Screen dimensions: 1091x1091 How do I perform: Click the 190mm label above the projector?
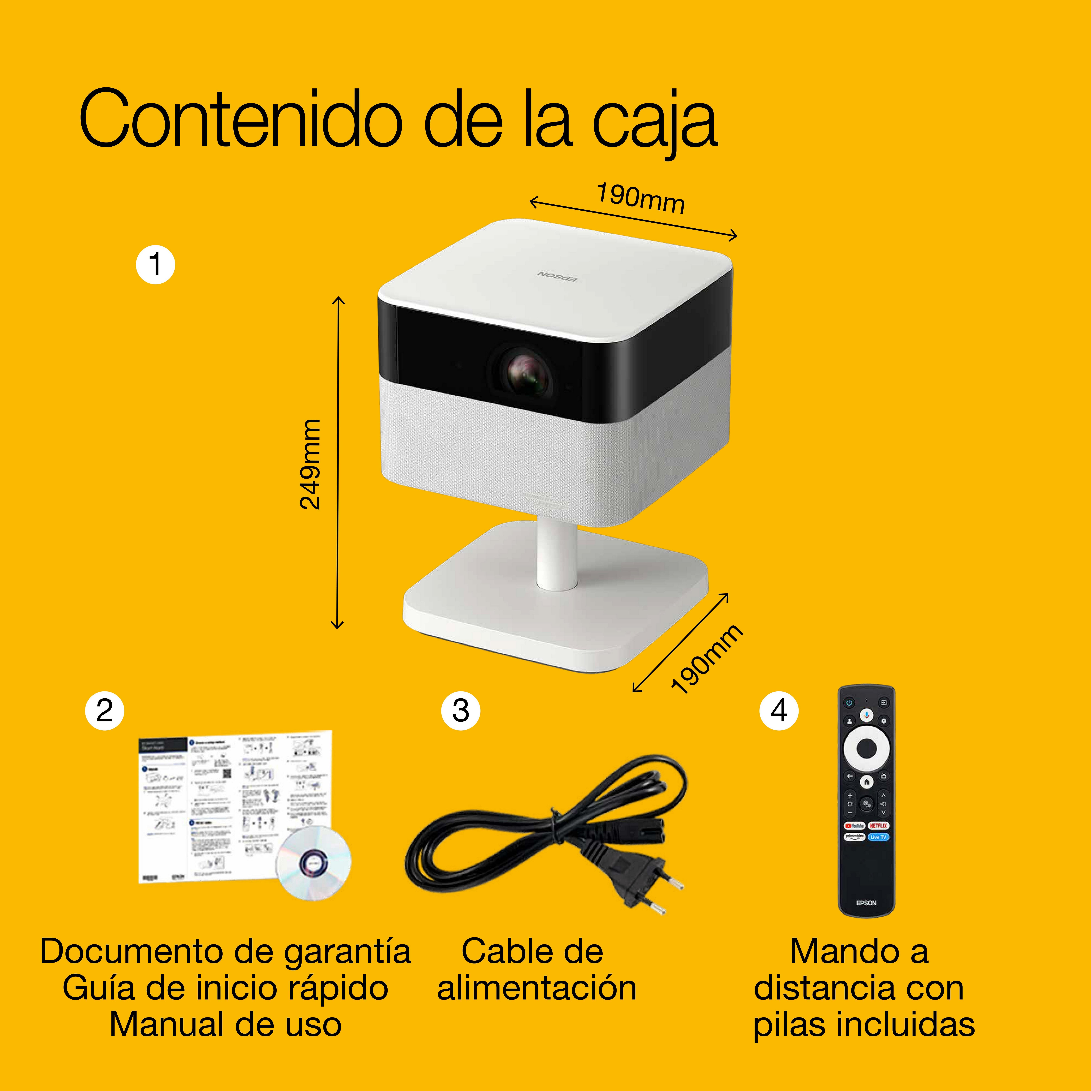[641, 199]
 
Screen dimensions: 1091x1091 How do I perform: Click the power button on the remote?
[849, 703]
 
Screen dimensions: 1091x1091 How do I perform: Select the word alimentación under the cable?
[536, 988]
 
